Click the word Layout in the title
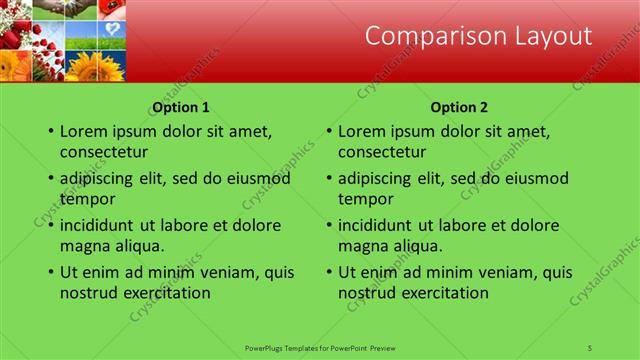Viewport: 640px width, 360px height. coord(547,37)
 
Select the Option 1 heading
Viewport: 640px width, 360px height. coord(181,107)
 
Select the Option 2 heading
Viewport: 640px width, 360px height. coord(459,107)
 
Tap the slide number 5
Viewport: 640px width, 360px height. coord(591,347)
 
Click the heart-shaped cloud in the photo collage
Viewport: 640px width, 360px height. coord(113,29)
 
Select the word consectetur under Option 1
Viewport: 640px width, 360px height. coord(104,152)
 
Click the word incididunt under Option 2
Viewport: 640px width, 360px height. coord(376,225)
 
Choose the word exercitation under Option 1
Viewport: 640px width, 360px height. coord(162,293)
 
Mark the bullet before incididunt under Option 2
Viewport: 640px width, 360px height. coord(328,226)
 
